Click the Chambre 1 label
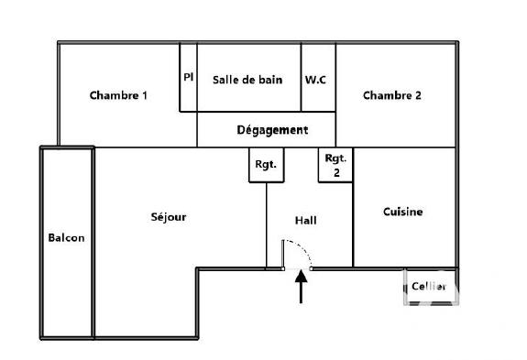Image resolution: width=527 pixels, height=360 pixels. pyautogui.click(x=118, y=95)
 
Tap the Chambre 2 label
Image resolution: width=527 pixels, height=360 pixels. pyautogui.click(x=391, y=95)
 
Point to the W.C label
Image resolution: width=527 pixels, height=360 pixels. pyautogui.click(x=316, y=79)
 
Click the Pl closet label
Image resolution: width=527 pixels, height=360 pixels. pyautogui.click(x=188, y=77)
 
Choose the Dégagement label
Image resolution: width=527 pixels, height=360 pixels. pyautogui.click(x=272, y=130)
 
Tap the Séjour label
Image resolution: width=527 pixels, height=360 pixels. pyautogui.click(x=169, y=217)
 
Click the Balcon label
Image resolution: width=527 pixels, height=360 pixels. pyautogui.click(x=66, y=238)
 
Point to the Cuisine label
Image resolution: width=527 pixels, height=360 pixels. pyautogui.click(x=402, y=212)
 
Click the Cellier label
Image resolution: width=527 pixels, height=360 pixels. pyautogui.click(x=428, y=287)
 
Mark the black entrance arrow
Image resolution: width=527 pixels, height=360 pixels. pyautogui.click(x=300, y=287)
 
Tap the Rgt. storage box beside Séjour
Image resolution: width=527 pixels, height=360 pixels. pyautogui.click(x=266, y=166)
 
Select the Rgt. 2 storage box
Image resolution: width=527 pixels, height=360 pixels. pyautogui.click(x=335, y=165)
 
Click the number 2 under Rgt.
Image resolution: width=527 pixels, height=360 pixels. pyautogui.click(x=335, y=172)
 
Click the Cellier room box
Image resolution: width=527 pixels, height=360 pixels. pyautogui.click(x=429, y=288)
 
